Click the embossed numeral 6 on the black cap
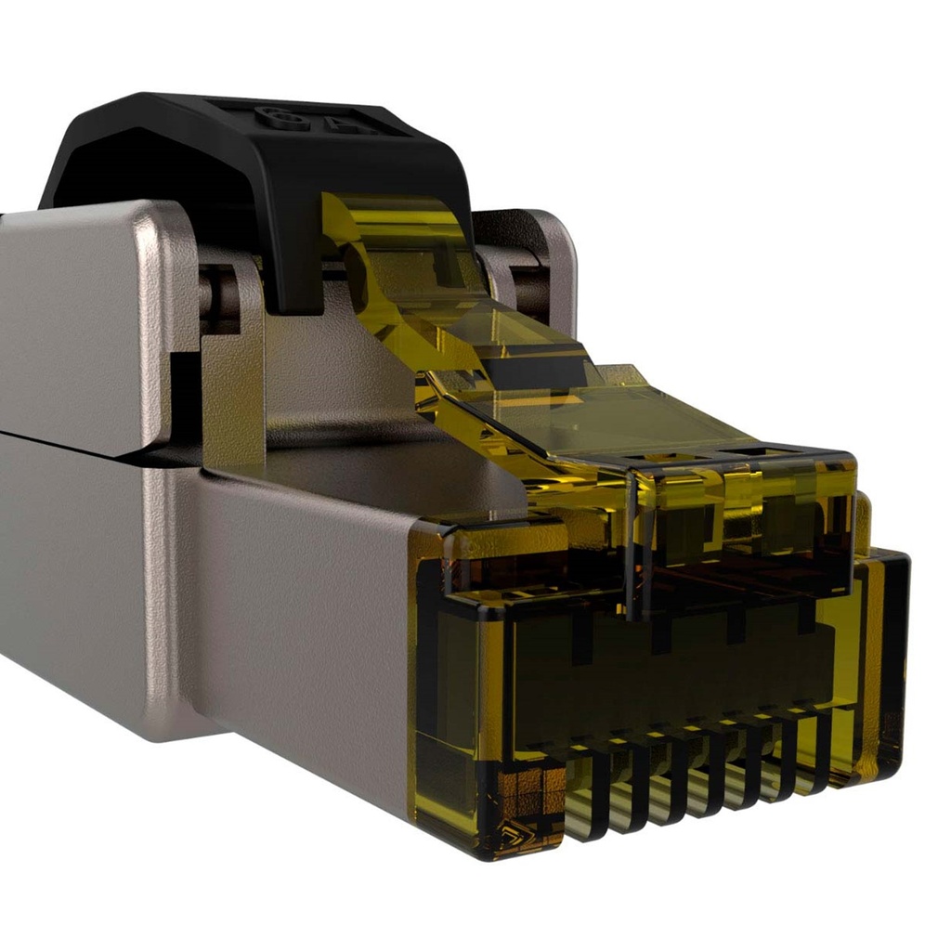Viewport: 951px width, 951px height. click(x=272, y=116)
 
